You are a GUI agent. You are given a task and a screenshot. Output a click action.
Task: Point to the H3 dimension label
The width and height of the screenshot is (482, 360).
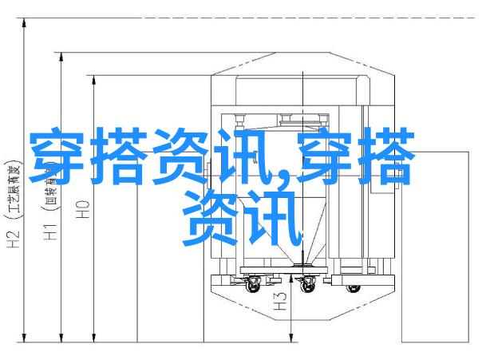coord(280,302)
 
